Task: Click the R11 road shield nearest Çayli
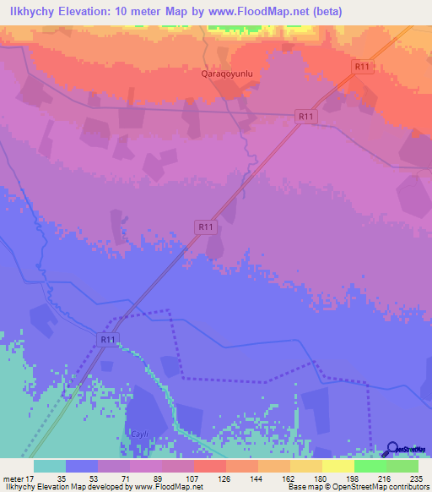(106, 339)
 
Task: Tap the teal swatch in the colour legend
(50, 466)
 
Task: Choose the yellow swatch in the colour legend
(337, 466)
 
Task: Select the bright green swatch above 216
(370, 466)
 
